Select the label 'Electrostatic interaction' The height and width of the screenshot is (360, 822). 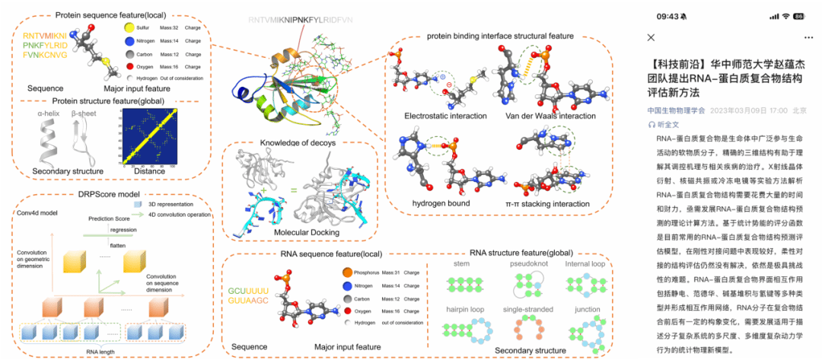click(447, 116)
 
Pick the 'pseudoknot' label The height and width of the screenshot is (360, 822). click(527, 264)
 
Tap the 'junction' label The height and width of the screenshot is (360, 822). click(587, 311)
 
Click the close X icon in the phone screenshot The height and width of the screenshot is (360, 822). click(651, 37)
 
